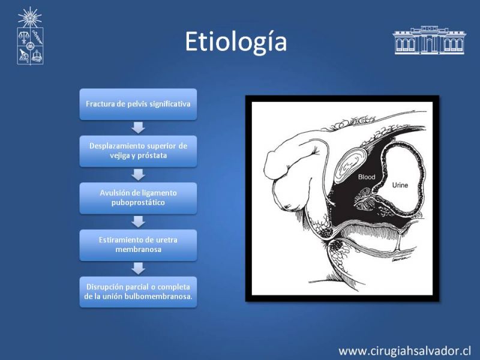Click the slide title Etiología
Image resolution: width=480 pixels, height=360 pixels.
[x=236, y=42]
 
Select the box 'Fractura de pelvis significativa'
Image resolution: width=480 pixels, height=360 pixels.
[x=138, y=104]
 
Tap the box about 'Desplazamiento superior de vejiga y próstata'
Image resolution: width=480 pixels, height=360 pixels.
[x=138, y=151]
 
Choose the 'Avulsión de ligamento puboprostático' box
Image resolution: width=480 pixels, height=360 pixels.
[x=138, y=198]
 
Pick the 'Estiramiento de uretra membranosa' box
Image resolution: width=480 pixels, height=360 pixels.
[x=138, y=245]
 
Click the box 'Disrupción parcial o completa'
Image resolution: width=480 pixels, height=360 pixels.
[x=138, y=292]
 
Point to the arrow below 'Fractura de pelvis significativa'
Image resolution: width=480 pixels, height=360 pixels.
[x=138, y=128]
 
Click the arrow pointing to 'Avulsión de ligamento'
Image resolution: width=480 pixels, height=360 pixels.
[x=138, y=175]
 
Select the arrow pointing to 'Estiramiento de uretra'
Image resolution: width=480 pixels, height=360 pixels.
[x=138, y=222]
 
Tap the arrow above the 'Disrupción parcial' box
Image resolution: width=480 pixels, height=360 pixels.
[x=138, y=269]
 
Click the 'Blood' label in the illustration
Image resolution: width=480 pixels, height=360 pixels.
[x=367, y=177]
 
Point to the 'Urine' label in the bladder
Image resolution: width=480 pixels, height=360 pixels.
[x=400, y=185]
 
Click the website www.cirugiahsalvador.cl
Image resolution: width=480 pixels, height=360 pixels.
[x=404, y=351]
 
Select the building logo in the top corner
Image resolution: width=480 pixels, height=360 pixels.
[x=429, y=40]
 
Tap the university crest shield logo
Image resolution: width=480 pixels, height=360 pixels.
[x=30, y=46]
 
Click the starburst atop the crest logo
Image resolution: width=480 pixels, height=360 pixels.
[x=29, y=17]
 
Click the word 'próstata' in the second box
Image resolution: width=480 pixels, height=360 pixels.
[x=152, y=156]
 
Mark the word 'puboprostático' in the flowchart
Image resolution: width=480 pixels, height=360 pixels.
[x=138, y=203]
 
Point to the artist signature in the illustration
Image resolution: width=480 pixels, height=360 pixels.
[x=400, y=259]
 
